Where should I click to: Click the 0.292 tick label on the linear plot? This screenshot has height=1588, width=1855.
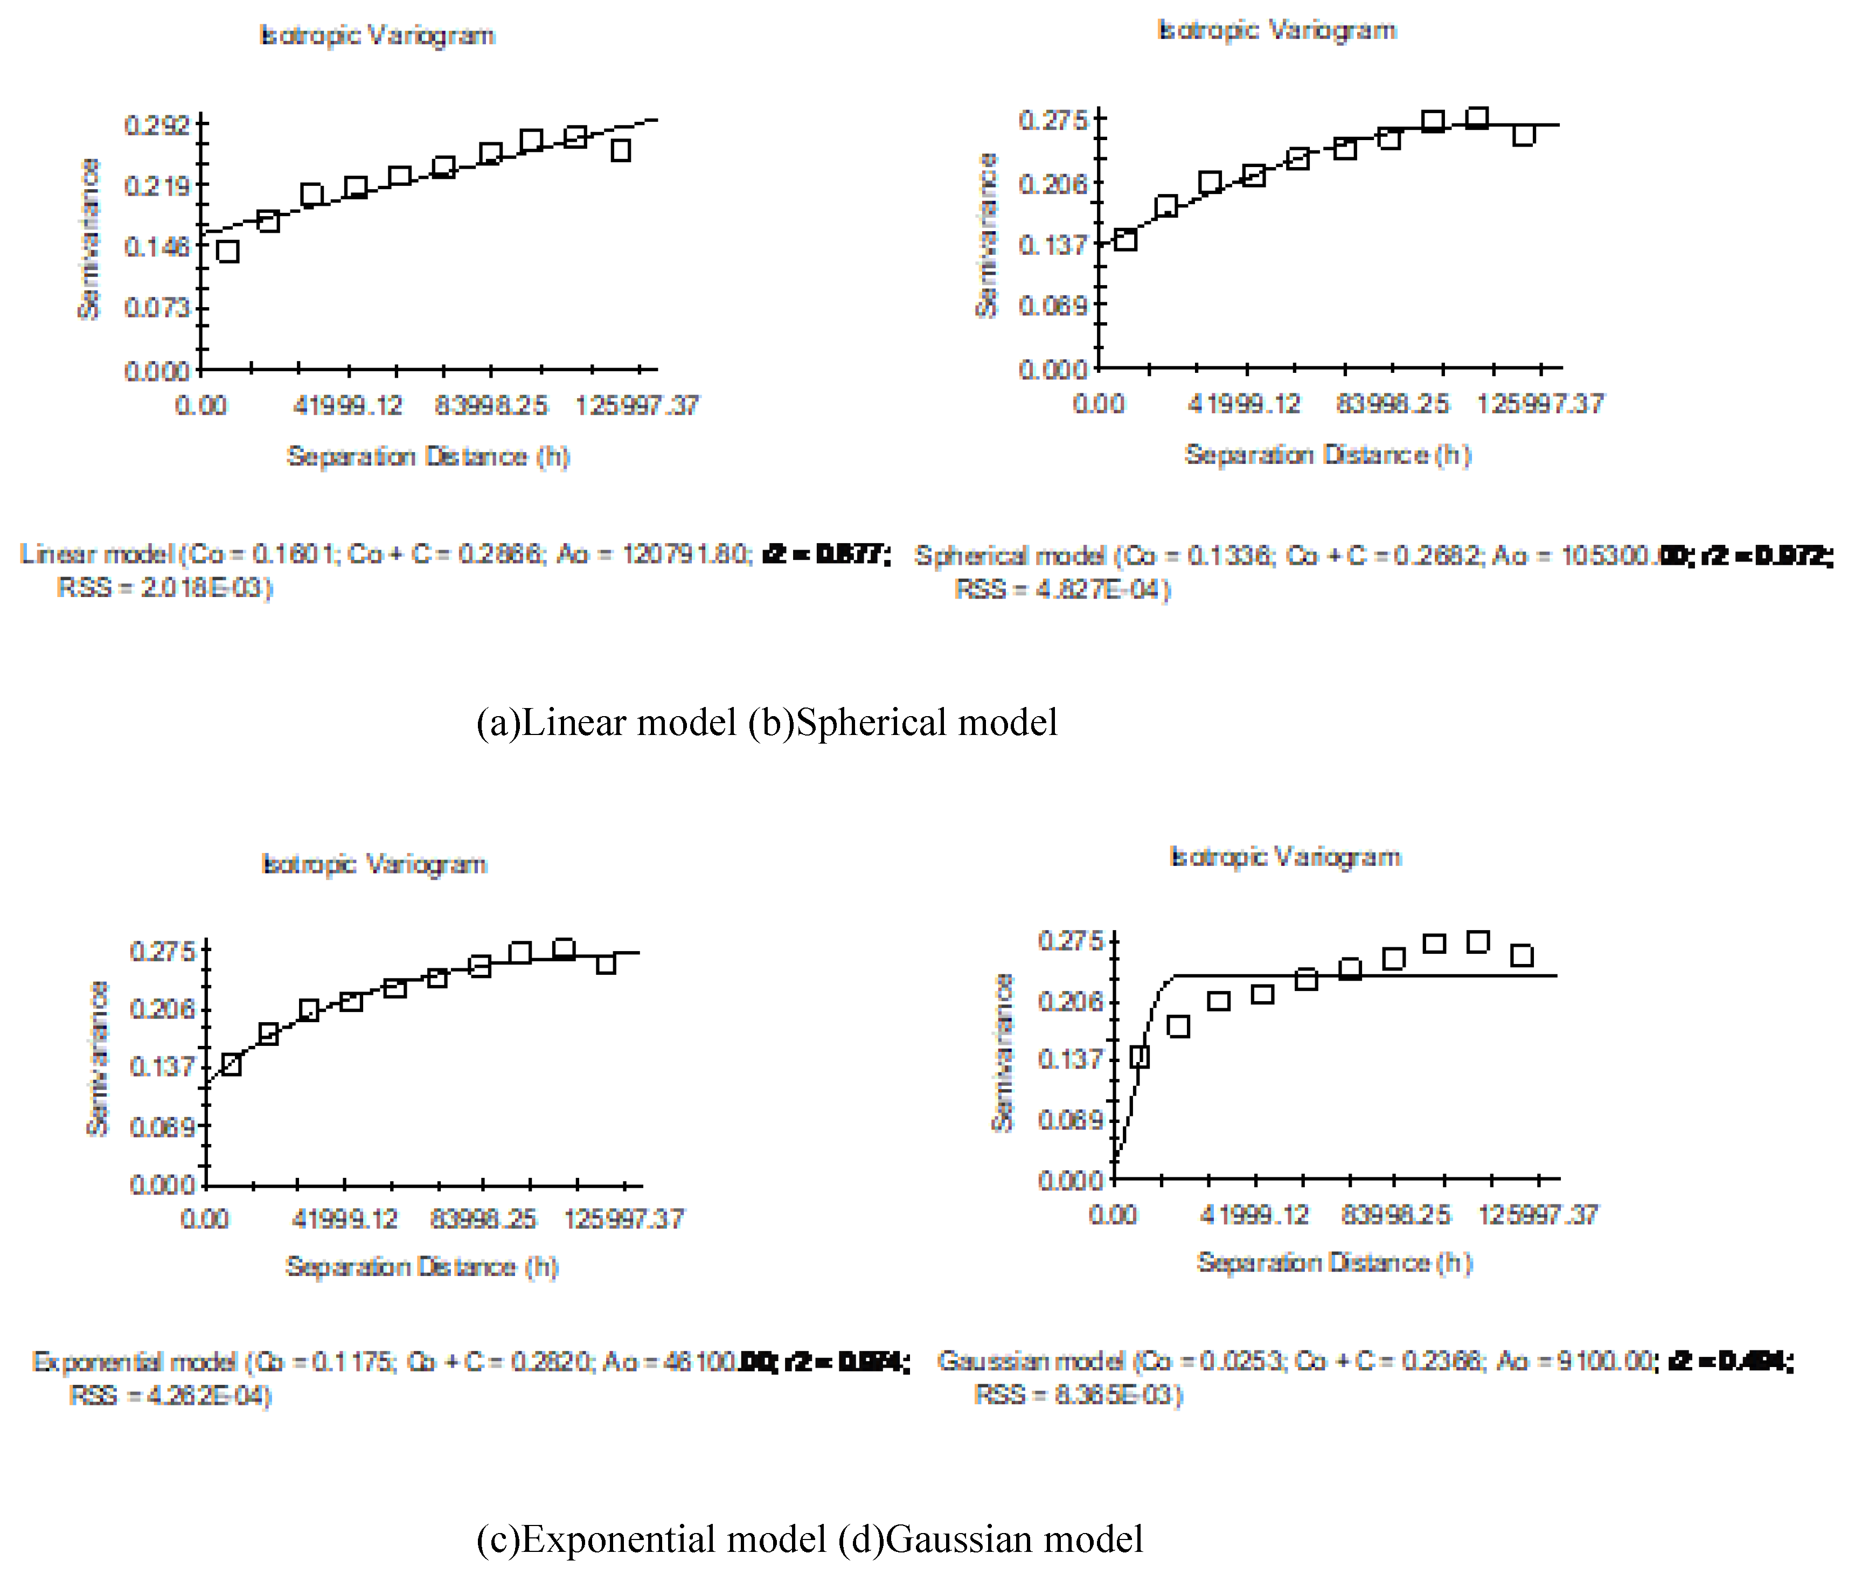(x=157, y=124)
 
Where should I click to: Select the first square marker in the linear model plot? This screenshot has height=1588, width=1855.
(x=227, y=252)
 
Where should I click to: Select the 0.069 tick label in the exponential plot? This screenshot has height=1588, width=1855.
(x=162, y=1126)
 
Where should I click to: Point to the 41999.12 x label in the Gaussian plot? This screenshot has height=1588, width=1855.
(x=1253, y=1215)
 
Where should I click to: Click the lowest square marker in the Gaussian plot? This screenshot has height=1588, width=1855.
(x=1140, y=1056)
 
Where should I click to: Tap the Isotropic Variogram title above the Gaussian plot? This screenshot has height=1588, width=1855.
(x=1285, y=857)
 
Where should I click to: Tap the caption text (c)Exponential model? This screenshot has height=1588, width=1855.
(x=651, y=1539)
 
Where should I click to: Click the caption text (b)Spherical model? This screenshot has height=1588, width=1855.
(x=902, y=723)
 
